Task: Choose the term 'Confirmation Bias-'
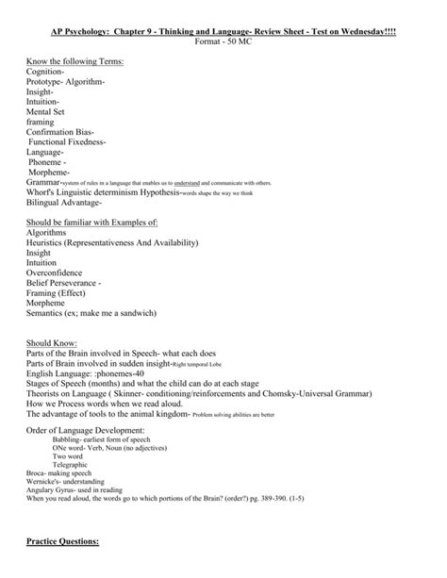click(60, 132)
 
